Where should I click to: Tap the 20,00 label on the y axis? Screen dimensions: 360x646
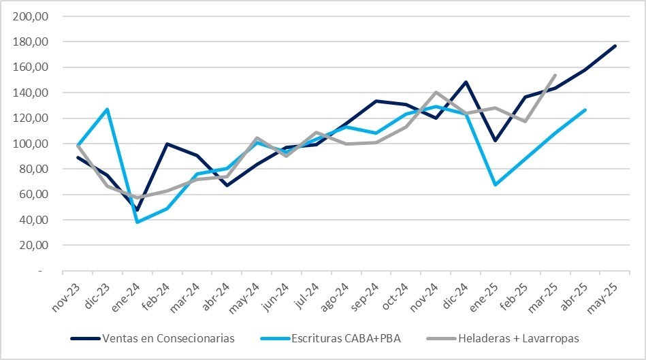coord(35,245)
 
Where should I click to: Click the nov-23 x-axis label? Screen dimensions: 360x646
coord(66,296)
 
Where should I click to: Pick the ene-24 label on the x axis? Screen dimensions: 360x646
coord(125,296)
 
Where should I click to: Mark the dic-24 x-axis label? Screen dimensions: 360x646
coord(452,296)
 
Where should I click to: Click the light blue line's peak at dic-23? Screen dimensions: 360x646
coord(108,109)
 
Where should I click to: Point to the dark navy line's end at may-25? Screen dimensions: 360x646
coord(615,46)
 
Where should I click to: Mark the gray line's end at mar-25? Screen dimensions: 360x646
coord(555,75)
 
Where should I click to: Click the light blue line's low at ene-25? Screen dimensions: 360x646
coord(495,184)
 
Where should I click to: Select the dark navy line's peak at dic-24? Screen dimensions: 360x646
coord(466,82)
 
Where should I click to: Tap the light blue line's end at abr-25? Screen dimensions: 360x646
coord(585,110)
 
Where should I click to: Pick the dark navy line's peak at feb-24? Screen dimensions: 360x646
coord(167,144)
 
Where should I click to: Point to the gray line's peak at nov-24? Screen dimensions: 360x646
coord(436,92)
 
